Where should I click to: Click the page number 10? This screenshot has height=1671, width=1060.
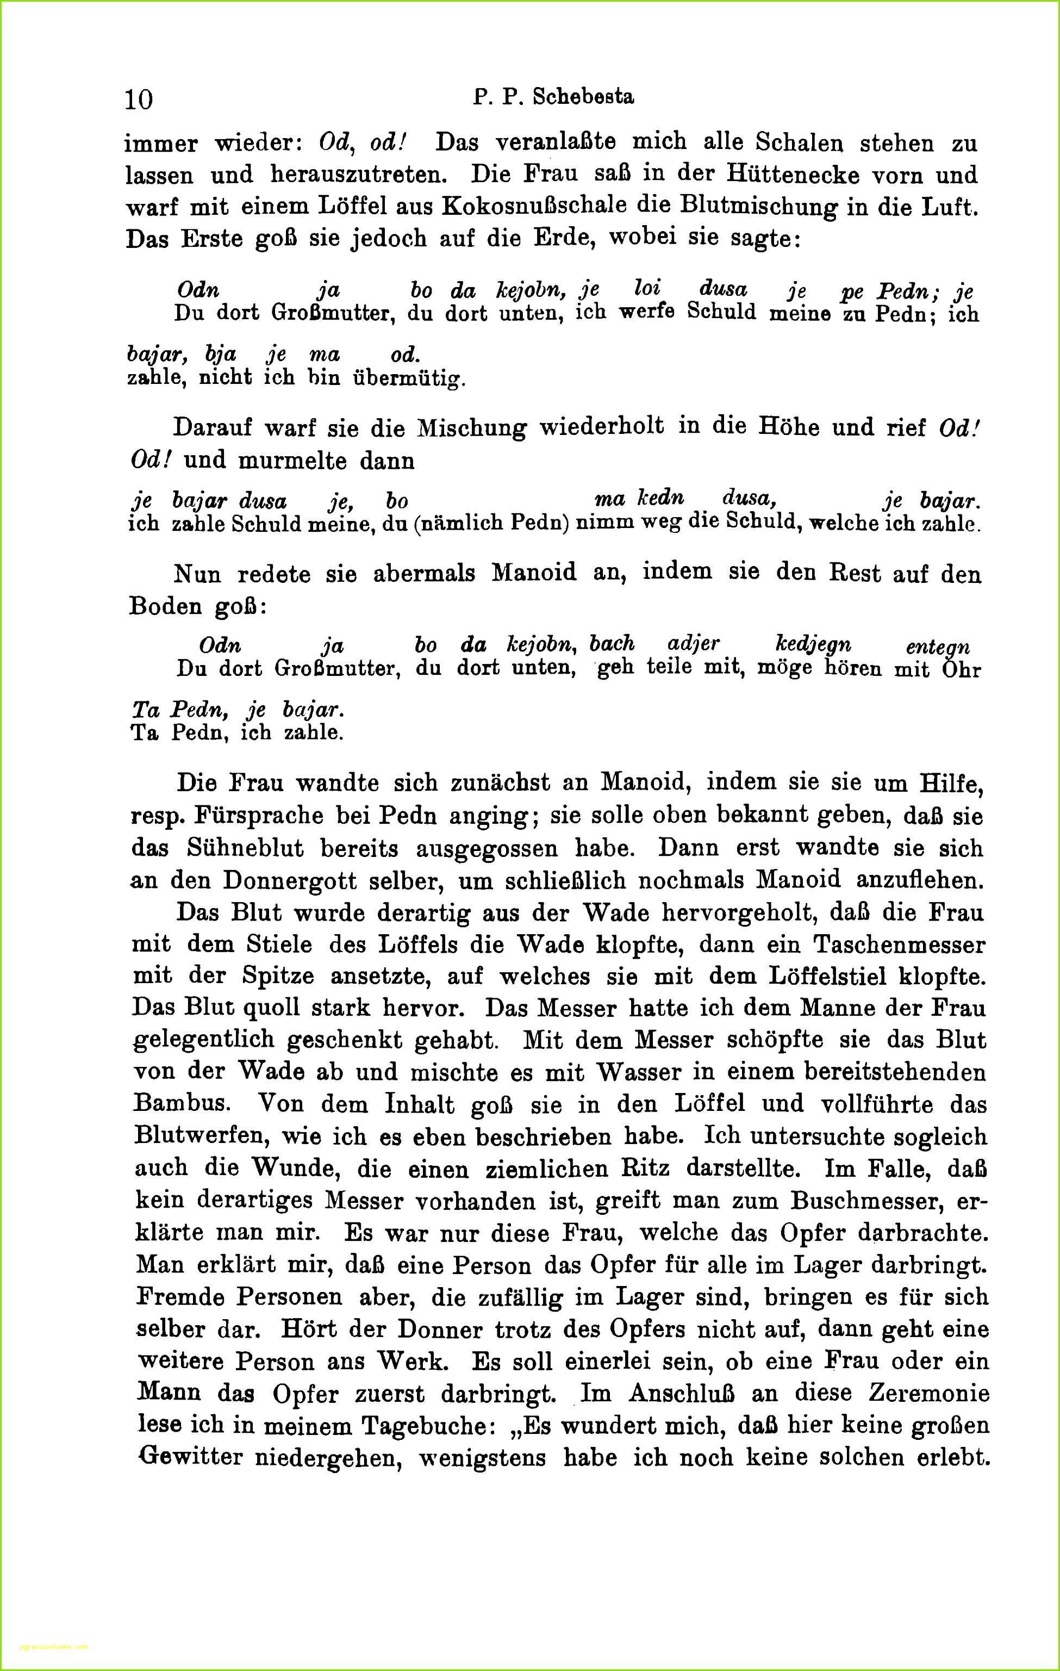[139, 99]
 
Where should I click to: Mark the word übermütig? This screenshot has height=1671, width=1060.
[409, 379]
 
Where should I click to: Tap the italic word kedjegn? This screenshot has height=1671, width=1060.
[812, 643]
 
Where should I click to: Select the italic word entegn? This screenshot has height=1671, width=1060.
[937, 647]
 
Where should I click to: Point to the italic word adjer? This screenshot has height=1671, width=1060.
[693, 643]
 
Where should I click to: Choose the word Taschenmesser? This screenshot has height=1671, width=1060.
[899, 945]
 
